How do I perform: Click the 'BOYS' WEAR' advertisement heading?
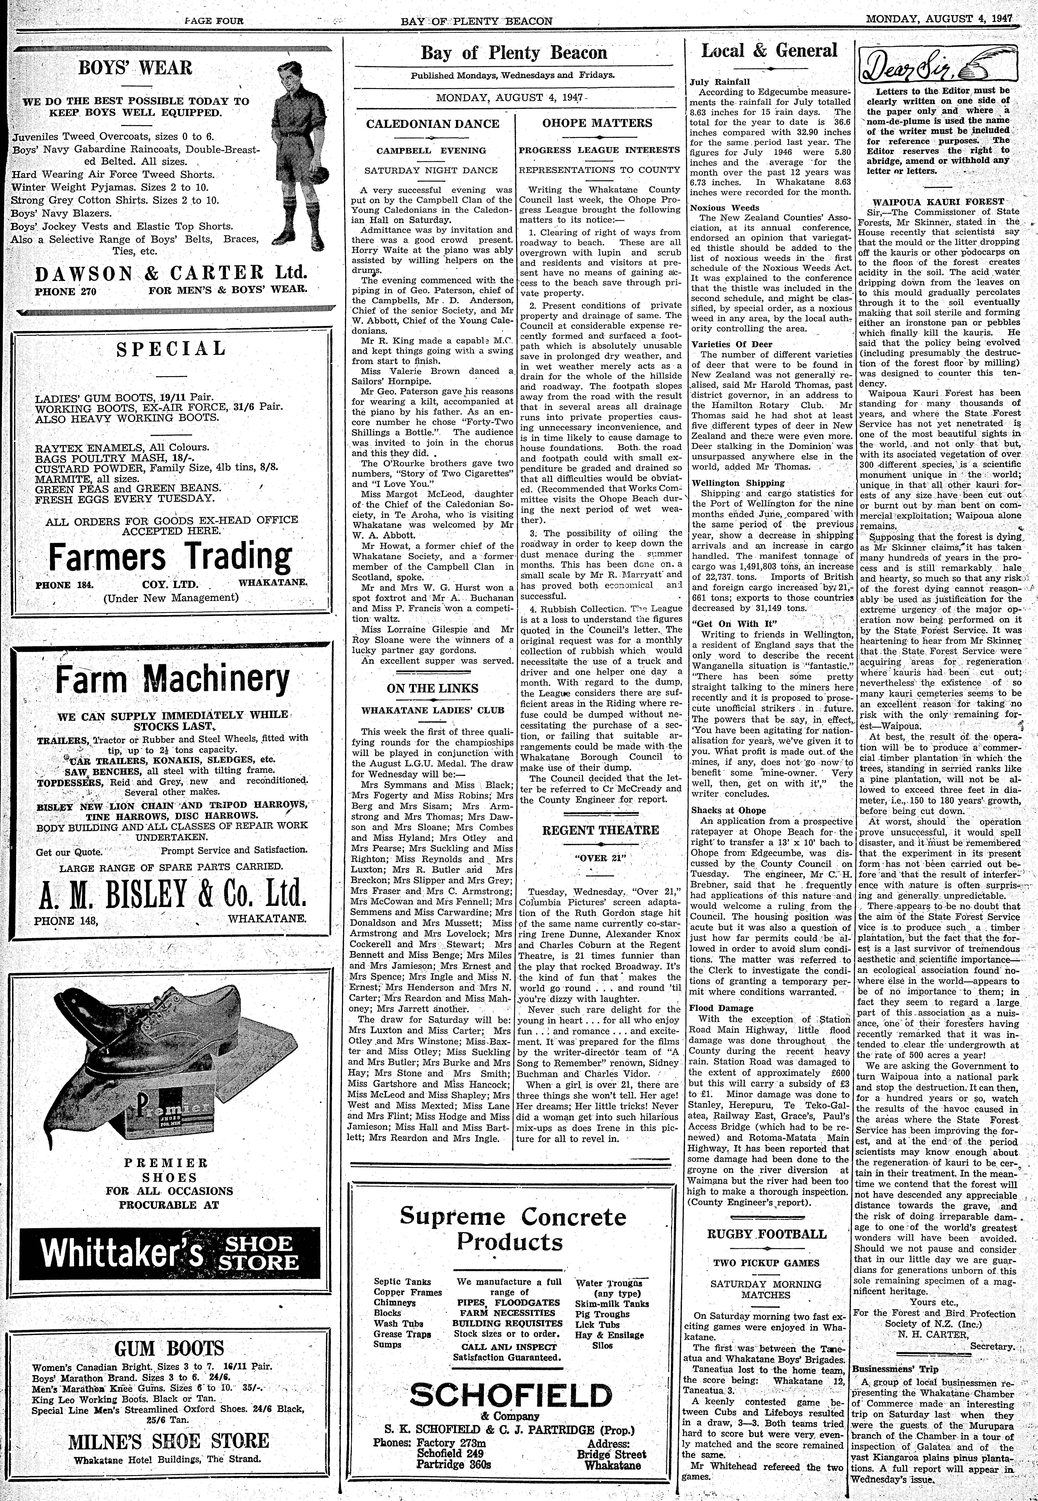135,68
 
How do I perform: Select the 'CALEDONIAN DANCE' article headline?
432,124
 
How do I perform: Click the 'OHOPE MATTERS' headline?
598,123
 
